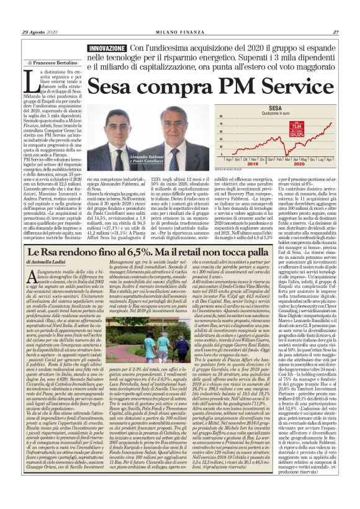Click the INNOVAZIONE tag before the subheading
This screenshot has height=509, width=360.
pos(106,48)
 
